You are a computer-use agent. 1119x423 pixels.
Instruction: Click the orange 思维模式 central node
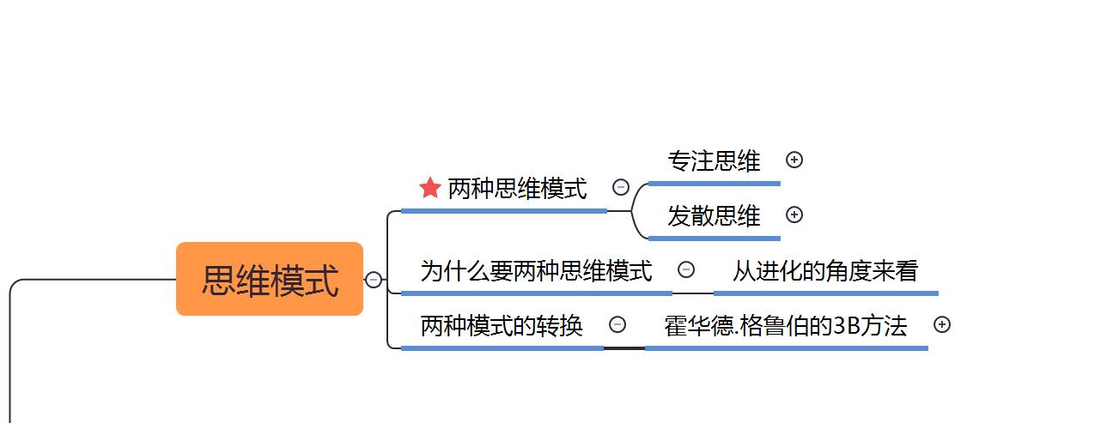pyautogui.click(x=270, y=280)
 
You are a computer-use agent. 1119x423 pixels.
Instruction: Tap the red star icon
pyautogui.click(x=430, y=188)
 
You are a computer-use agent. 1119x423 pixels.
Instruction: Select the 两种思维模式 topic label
pyautogui.click(x=517, y=189)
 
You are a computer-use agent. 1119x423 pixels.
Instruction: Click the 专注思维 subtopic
pyautogui.click(x=714, y=160)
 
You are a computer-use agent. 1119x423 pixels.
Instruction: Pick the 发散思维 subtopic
pyautogui.click(x=714, y=215)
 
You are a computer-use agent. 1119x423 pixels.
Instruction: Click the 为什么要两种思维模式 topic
pyautogui.click(x=536, y=271)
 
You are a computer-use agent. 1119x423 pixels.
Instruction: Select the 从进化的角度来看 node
pyautogui.click(x=824, y=271)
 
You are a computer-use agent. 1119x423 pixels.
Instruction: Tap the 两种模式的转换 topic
pyautogui.click(x=502, y=326)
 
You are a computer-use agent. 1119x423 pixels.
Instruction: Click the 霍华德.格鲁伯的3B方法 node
pyautogui.click(x=785, y=326)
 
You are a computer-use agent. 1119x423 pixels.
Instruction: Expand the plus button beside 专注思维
pyautogui.click(x=794, y=160)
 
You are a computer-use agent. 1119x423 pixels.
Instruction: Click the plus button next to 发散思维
pyautogui.click(x=794, y=215)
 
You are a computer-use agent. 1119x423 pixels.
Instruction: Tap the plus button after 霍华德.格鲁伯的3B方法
pyautogui.click(x=942, y=324)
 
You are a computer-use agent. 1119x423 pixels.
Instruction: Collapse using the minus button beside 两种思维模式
pyautogui.click(x=621, y=187)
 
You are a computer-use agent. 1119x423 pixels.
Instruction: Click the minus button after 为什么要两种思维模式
pyautogui.click(x=686, y=269)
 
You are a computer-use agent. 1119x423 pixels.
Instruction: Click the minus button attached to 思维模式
pyautogui.click(x=374, y=280)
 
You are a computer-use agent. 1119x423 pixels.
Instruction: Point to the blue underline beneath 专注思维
pyautogui.click(x=714, y=183)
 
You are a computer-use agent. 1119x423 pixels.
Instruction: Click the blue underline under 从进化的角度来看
pyautogui.click(x=824, y=293)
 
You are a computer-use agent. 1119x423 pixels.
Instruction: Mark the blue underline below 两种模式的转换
pyautogui.click(x=502, y=347)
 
